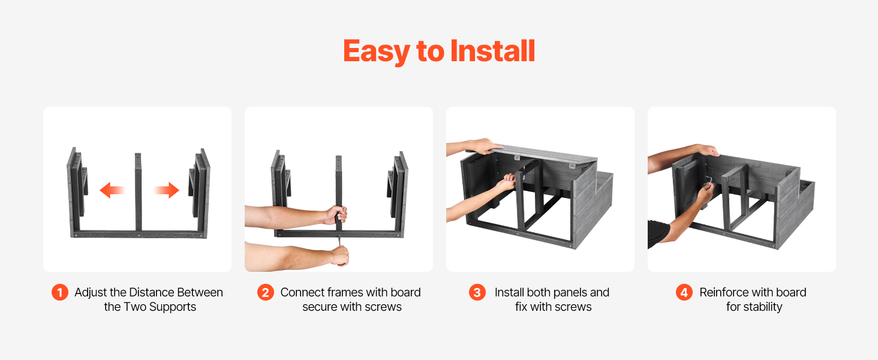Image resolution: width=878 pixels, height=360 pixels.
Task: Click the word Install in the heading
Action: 493,51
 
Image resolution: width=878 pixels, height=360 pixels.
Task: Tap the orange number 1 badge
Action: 59,293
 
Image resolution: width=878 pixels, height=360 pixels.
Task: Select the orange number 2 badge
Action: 265,293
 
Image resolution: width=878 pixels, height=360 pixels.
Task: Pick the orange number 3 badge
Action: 477,293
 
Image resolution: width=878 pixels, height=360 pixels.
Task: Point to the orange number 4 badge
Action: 684,293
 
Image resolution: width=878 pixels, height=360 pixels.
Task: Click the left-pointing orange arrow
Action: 112,190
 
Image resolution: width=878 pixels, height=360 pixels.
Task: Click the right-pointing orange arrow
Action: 167,190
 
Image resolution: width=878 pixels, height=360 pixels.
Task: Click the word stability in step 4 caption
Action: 763,307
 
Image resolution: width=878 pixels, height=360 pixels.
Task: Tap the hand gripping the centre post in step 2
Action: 336,215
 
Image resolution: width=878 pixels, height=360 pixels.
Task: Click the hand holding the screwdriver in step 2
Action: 339,255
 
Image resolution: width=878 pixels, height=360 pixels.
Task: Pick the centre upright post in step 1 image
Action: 138,192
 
